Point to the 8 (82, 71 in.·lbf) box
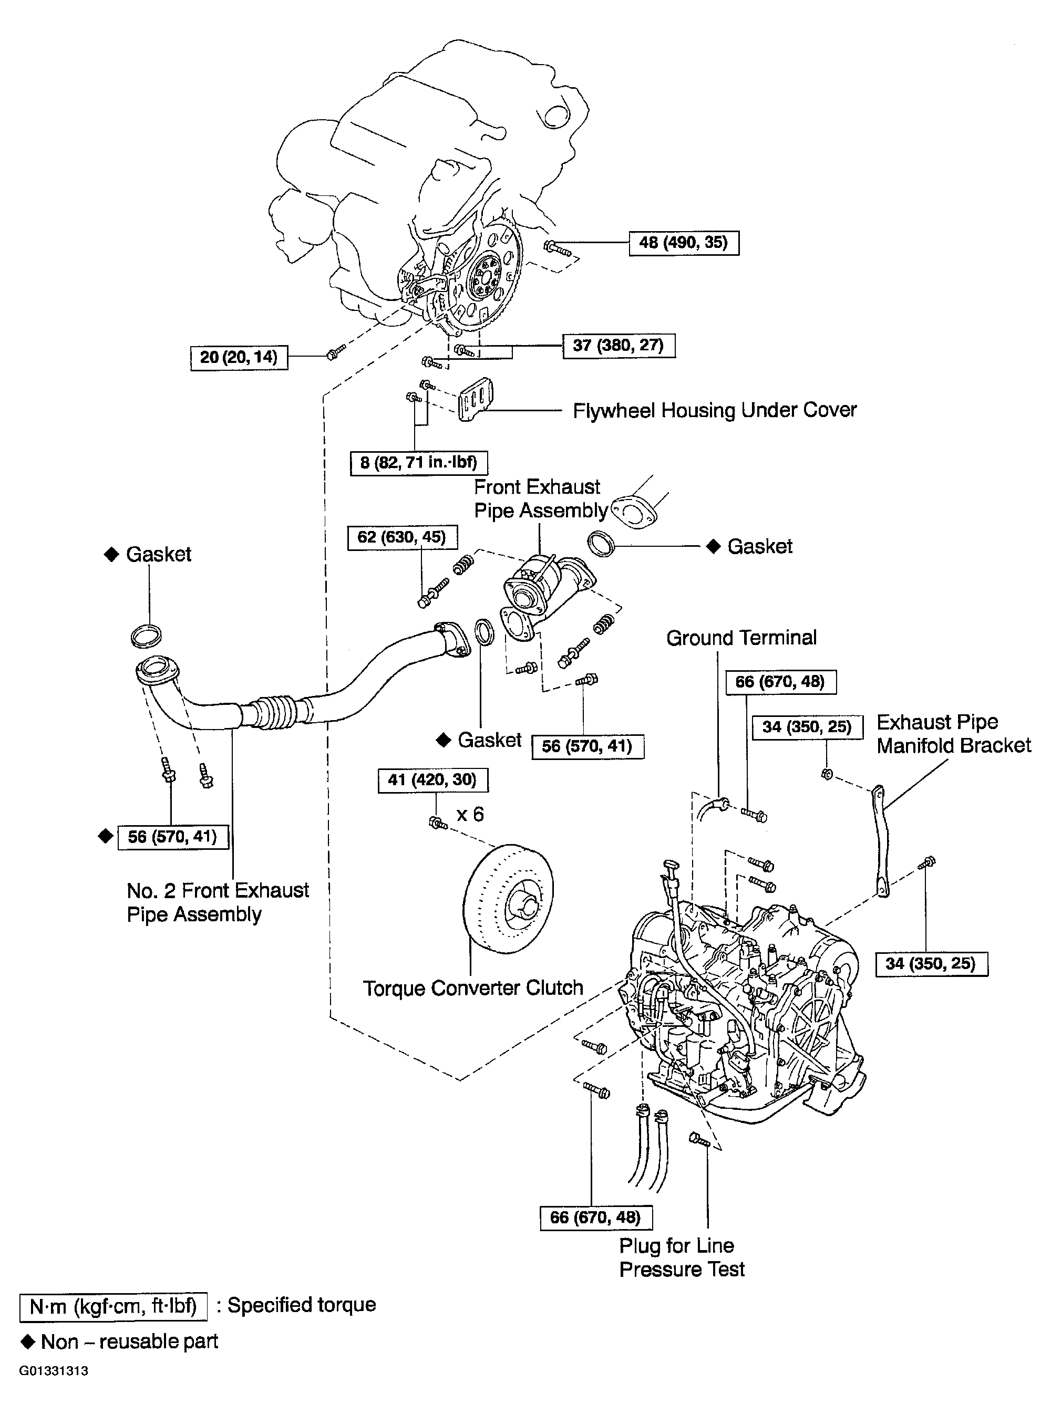[419, 462]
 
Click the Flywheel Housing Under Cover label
[715, 411]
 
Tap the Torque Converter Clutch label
[473, 989]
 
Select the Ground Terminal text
[741, 638]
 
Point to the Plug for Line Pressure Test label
[682, 1257]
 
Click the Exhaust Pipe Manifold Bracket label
[954, 734]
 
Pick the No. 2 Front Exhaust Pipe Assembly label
[218, 902]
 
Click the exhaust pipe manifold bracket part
[881, 841]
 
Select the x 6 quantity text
[470, 814]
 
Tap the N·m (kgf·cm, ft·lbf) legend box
[113, 1307]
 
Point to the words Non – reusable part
[129, 1342]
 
